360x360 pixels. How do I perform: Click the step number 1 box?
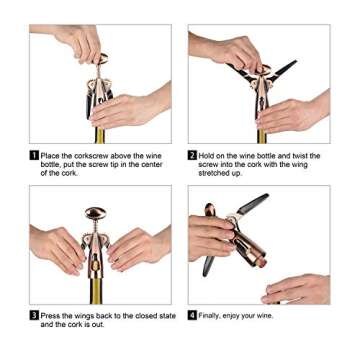click(34, 155)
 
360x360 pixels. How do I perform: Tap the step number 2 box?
click(193, 155)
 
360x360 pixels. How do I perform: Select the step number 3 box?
click(34, 316)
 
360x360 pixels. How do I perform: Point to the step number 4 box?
click(193, 316)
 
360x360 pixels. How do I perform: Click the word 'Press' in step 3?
click(50, 316)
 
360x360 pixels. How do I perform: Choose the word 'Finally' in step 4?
click(211, 316)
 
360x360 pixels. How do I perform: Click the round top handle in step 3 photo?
click(97, 213)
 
